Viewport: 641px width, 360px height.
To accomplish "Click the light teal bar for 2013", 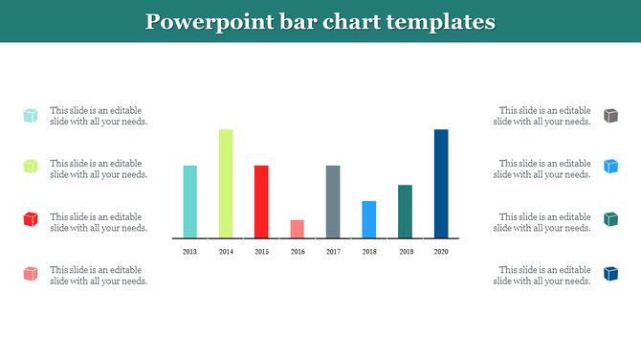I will point(189,201).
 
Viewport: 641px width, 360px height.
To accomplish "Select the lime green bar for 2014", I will point(226,183).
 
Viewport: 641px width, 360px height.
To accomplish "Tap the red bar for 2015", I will point(261,201).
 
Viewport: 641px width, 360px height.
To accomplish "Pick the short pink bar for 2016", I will point(298,228).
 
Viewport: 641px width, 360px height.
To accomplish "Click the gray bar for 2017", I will point(333,201).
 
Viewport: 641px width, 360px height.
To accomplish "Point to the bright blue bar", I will point(369,218).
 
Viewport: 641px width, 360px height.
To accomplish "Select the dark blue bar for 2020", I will point(441,183).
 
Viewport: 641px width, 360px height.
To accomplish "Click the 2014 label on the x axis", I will point(226,251).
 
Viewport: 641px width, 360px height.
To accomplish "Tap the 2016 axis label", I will point(298,251).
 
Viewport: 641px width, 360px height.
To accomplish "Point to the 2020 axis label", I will point(441,251).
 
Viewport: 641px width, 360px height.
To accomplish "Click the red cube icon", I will point(31,220).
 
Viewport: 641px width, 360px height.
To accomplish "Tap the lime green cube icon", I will point(31,167).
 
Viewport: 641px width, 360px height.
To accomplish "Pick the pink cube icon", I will point(31,274).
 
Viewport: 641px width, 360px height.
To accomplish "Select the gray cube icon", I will point(610,115).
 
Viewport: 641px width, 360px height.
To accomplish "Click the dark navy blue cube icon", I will point(610,274).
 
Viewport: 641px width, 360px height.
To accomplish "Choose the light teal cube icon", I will point(31,115).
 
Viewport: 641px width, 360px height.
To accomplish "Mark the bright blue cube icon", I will point(610,167).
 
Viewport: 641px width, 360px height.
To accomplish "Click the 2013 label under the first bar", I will point(189,251).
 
